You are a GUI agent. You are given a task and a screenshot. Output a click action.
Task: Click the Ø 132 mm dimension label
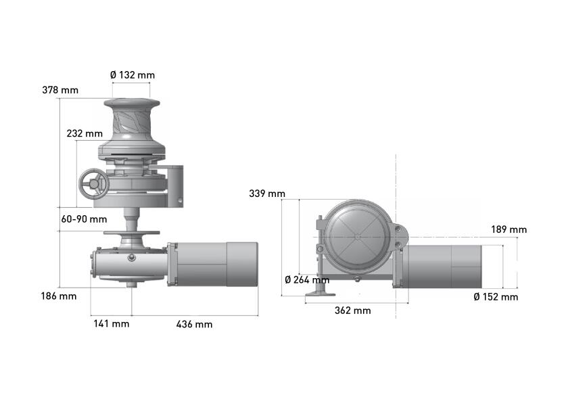point(133,75)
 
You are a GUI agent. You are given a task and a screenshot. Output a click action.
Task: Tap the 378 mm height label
point(60,90)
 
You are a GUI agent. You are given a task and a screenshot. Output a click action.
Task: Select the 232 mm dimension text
point(85,133)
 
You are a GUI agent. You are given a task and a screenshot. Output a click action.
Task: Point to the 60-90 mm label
point(84,219)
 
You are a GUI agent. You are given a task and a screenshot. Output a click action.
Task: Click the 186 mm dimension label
point(59,296)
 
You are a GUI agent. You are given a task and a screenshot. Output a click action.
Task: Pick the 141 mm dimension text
point(112,323)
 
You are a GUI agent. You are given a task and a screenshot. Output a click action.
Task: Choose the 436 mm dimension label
point(195,324)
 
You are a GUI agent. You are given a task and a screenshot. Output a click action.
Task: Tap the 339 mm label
point(267,194)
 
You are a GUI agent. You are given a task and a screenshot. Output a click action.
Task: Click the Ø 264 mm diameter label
point(307,280)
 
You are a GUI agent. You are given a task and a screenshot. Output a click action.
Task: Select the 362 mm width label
point(353,311)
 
